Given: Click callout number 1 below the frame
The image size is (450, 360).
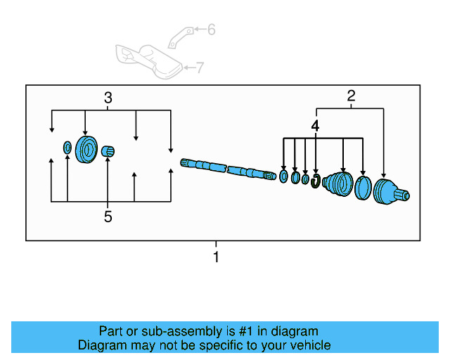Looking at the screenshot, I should (216, 257).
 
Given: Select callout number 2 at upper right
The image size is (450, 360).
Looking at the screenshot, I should (351, 97).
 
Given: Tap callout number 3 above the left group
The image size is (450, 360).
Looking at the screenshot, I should (108, 98).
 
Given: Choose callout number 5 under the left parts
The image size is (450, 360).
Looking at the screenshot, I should (108, 217).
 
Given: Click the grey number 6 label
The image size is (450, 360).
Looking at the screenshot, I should (211, 30).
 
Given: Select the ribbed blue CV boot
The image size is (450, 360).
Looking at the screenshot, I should (337, 187).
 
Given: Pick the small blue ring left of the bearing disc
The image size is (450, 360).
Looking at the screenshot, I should (67, 148).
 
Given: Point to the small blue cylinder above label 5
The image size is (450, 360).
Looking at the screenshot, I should (108, 151).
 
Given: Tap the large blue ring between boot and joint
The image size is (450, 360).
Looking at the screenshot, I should (364, 189).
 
